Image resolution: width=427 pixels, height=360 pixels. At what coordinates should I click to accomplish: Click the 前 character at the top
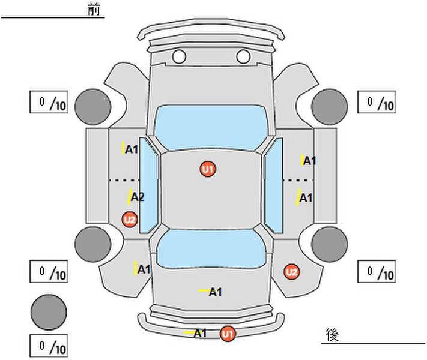(94, 10)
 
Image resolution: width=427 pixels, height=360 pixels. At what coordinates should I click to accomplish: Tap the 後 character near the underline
(332, 335)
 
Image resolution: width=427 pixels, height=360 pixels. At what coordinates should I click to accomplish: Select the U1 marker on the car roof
(208, 170)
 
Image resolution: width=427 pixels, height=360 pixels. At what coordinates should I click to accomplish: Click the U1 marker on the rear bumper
(227, 334)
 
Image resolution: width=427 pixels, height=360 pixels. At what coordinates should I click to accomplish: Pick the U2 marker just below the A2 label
(130, 220)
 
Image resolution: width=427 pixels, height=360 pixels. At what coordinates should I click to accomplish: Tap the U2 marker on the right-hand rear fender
(291, 272)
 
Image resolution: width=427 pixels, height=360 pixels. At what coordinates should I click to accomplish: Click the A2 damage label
(137, 197)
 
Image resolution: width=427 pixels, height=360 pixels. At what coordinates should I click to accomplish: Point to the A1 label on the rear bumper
(200, 333)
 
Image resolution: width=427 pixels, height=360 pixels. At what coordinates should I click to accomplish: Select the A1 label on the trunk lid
(215, 292)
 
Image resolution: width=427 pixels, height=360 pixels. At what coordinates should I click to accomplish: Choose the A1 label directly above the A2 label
(132, 149)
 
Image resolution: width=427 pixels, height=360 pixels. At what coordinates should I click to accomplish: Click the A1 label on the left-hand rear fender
(143, 269)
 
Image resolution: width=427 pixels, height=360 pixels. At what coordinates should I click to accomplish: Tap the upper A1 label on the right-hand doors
(309, 161)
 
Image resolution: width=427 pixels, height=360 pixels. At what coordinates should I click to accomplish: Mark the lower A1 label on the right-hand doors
(306, 197)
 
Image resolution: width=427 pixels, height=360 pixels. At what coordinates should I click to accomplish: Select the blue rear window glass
(210, 249)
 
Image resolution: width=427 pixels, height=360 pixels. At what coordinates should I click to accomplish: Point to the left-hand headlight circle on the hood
(178, 57)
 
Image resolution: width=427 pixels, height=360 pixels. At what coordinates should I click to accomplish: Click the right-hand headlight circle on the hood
(243, 57)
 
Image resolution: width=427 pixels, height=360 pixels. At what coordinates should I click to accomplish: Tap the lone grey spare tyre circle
(49, 311)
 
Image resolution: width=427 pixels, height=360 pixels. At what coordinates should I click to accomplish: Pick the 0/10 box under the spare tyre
(49, 346)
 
